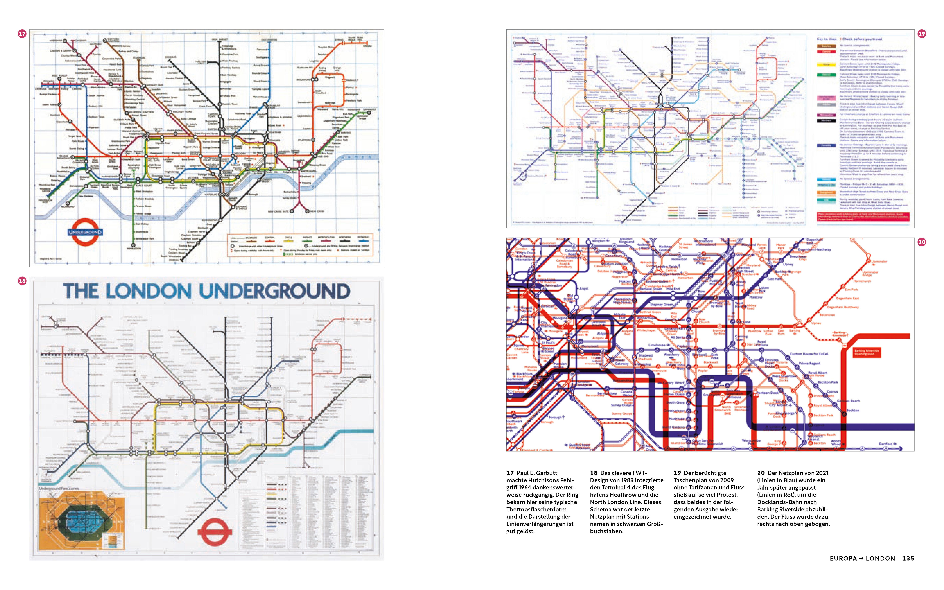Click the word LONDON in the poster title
pyautogui.click(x=148, y=291)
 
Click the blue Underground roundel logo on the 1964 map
pyautogui.click(x=85, y=232)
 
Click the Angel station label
pyautogui.click(x=583, y=289)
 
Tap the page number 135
pyautogui.click(x=908, y=558)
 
